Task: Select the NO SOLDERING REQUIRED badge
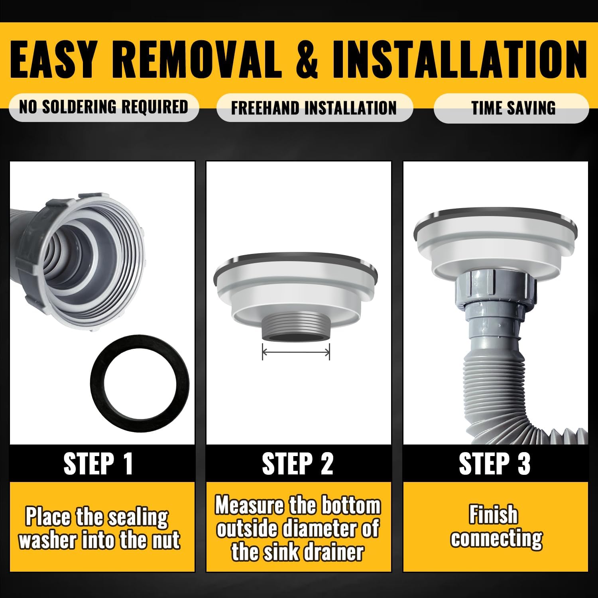click(104, 107)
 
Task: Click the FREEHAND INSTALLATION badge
click(314, 108)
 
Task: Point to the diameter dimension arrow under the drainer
click(296, 352)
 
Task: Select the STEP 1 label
click(98, 463)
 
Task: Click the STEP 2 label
click(297, 463)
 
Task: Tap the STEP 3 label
click(494, 463)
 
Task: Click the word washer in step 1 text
click(48, 541)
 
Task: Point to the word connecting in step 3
click(496, 539)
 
